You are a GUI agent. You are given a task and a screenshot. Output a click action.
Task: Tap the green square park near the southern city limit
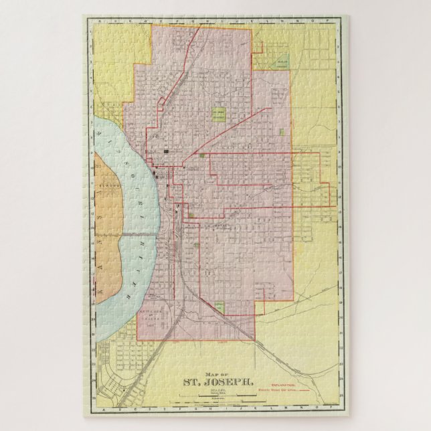(x=220, y=307)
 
